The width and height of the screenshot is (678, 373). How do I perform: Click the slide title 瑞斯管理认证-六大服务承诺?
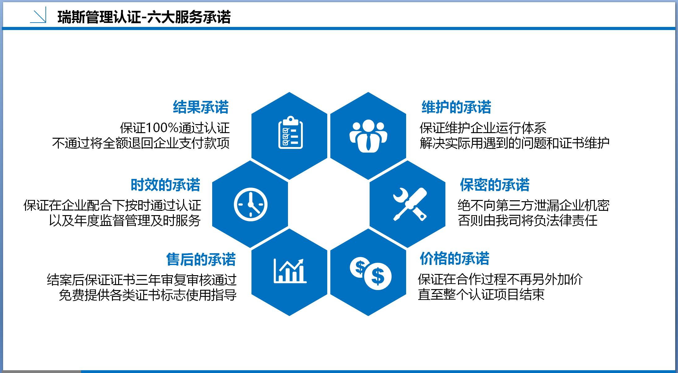(144, 17)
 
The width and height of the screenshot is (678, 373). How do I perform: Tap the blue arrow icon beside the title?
(38, 15)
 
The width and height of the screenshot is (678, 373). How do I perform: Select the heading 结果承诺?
(201, 107)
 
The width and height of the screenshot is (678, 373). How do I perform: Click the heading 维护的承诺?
(456, 107)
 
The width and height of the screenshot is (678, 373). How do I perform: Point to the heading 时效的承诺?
(165, 185)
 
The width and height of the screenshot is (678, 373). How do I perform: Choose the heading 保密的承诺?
(495, 185)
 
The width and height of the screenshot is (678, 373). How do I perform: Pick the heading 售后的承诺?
(201, 259)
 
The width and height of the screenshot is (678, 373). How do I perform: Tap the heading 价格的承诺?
(454, 258)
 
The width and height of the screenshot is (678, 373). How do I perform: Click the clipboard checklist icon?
(290, 132)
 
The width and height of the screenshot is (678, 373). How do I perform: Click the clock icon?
(251, 205)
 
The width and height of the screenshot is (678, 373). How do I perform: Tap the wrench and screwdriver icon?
(410, 204)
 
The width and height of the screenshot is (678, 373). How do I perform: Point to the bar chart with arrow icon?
(290, 271)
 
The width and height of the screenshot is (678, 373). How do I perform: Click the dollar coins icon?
(371, 273)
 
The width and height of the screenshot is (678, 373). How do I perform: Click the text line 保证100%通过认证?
(175, 128)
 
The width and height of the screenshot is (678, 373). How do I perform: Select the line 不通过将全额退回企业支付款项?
(141, 143)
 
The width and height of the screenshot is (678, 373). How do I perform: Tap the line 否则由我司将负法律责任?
(527, 220)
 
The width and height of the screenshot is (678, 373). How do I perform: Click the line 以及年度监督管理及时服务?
(125, 220)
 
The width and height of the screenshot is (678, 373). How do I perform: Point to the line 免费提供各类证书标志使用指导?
(148, 295)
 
